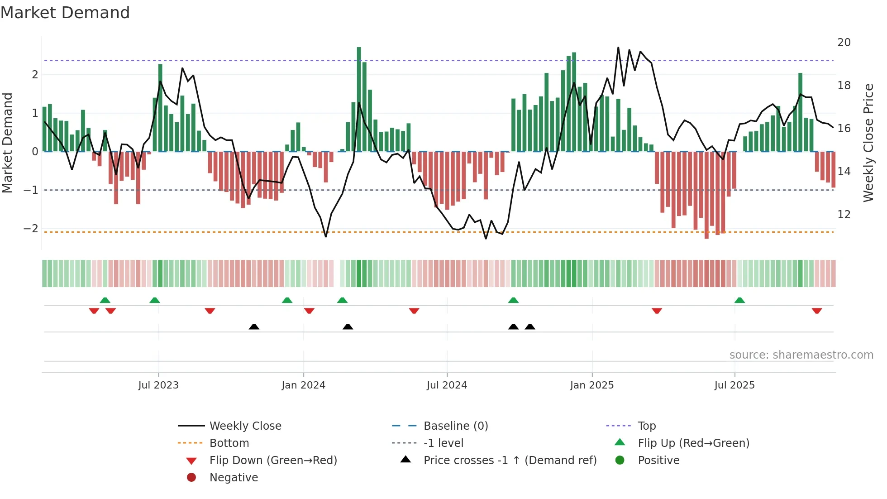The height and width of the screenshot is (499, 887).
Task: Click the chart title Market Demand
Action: click(x=65, y=13)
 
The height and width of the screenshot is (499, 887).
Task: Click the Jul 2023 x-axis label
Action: click(x=158, y=385)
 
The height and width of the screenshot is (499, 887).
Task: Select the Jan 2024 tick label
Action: click(x=303, y=385)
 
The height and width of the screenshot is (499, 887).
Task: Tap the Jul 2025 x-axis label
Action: click(x=734, y=385)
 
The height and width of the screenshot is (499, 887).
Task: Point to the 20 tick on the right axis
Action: click(x=844, y=43)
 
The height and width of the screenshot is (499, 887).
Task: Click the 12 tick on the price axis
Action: click(x=844, y=215)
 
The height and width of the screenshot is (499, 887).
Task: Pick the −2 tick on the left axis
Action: click(x=31, y=229)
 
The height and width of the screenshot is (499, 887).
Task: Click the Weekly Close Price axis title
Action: click(x=868, y=143)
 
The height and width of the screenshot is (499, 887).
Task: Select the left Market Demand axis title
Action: click(x=7, y=143)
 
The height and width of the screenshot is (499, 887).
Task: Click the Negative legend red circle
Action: click(x=191, y=478)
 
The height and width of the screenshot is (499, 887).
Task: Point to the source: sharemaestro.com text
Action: click(x=801, y=355)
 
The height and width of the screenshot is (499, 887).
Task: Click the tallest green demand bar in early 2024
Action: click(x=359, y=100)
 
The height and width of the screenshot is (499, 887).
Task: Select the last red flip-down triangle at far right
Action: click(x=817, y=311)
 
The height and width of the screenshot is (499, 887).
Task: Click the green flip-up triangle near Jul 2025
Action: click(x=739, y=300)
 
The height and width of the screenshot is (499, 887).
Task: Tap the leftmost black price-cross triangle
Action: click(x=254, y=326)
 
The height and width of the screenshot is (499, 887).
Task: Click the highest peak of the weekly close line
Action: click(x=618, y=48)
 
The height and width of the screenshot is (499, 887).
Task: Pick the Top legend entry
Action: click(x=646, y=426)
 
